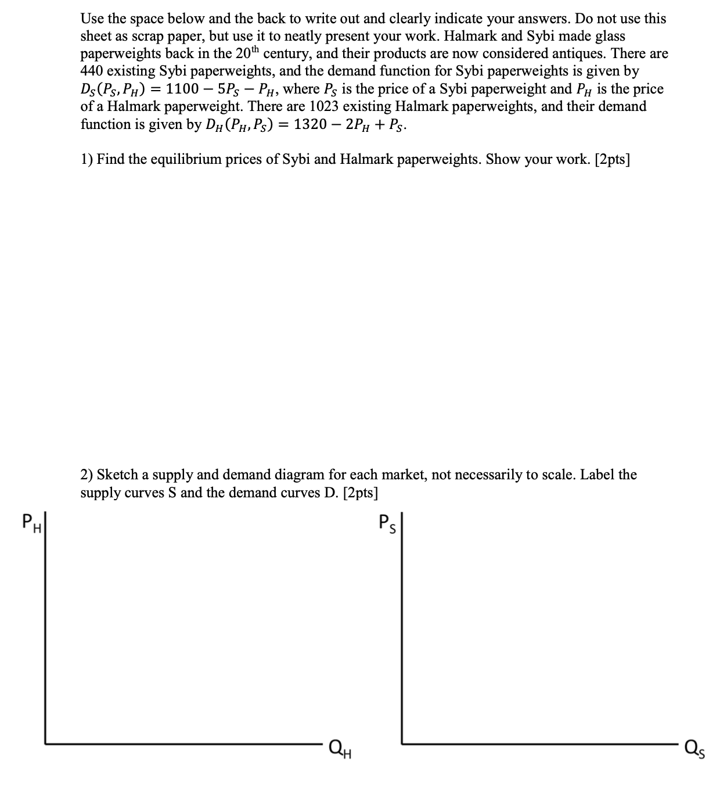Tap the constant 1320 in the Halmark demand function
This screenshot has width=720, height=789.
click(x=314, y=124)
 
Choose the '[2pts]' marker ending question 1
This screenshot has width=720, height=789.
click(x=613, y=159)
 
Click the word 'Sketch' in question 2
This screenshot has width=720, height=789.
click(x=116, y=475)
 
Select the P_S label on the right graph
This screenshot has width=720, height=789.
click(x=387, y=523)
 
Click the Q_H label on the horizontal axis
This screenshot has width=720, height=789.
click(x=341, y=745)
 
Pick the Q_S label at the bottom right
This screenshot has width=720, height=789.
click(x=694, y=746)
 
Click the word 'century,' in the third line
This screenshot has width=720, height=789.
click(x=287, y=53)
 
